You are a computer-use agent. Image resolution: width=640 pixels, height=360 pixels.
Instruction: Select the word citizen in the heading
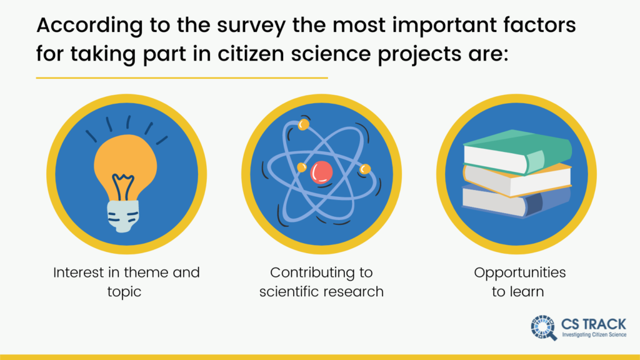(x=251, y=54)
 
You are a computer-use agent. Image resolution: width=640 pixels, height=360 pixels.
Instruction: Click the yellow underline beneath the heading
(x=182, y=77)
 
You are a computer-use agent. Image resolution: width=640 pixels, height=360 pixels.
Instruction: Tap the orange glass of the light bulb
(x=125, y=163)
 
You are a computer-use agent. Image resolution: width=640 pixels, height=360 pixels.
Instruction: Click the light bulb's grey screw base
(x=123, y=216)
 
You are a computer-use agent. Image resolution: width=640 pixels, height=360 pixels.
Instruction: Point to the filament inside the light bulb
(x=123, y=187)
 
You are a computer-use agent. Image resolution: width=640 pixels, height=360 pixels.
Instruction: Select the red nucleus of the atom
(x=321, y=172)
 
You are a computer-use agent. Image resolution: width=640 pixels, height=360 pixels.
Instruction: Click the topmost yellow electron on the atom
(x=303, y=124)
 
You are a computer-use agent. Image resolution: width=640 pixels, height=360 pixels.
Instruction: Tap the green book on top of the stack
(x=517, y=152)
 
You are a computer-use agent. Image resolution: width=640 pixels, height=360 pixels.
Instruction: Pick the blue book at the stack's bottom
(x=517, y=201)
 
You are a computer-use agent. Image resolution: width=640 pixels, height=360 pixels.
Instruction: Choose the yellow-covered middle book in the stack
(x=517, y=179)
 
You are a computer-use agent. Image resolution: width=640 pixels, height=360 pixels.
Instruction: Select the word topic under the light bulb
(x=124, y=292)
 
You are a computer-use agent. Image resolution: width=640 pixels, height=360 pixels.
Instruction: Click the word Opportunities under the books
(x=519, y=273)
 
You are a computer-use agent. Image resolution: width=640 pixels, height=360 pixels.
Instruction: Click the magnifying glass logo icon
(x=544, y=327)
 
